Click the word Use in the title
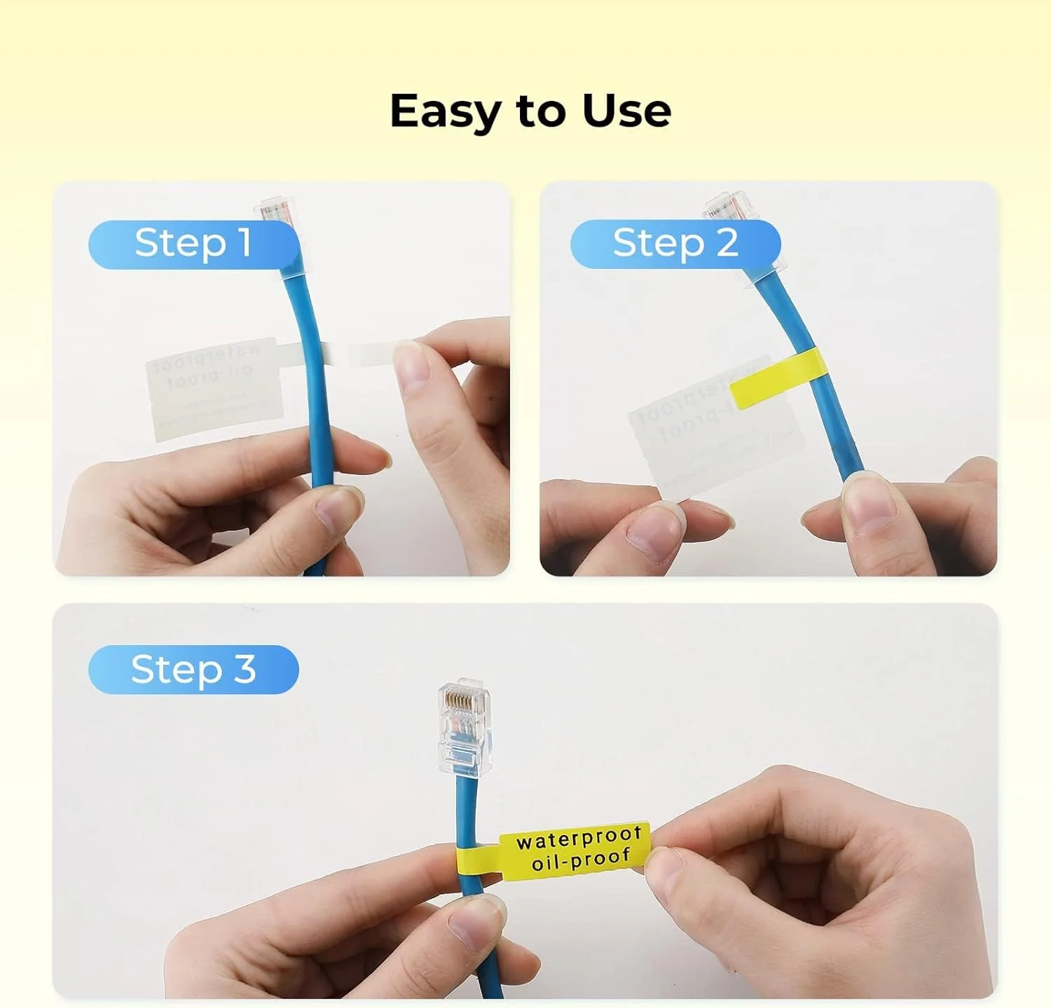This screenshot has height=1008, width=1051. [x=626, y=111]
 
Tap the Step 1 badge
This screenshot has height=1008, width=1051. [x=193, y=244]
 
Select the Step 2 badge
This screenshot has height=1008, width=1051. [x=675, y=244]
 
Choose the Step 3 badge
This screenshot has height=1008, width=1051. [x=193, y=670]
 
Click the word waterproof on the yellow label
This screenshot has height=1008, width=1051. [x=578, y=838]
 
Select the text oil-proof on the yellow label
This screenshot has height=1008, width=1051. [x=581, y=859]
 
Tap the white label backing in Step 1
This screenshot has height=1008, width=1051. [x=214, y=389]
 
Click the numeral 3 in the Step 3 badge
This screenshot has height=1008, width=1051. [x=245, y=670]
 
